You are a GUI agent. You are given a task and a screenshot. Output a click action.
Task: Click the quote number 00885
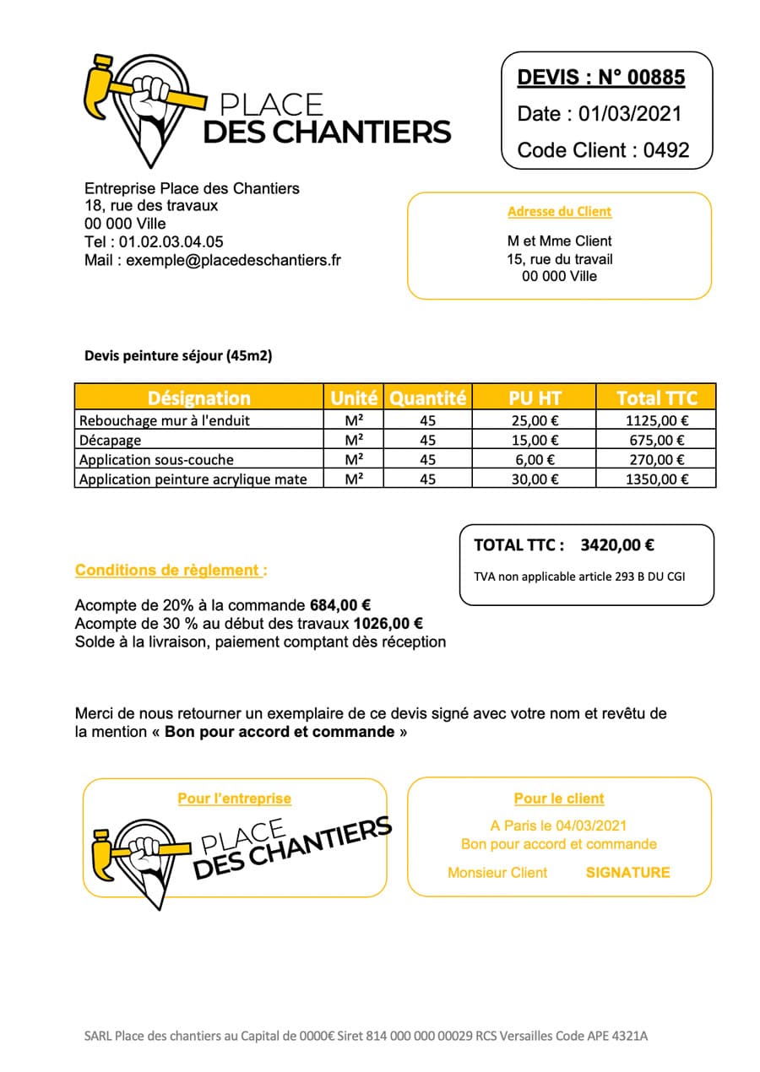[653, 79]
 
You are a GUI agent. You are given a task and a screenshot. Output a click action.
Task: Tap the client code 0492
[666, 150]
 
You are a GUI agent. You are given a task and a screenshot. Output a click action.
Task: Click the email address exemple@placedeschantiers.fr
[234, 261]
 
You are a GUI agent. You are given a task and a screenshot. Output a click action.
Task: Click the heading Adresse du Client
[559, 212]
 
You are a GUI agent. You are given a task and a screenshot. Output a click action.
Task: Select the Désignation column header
[198, 398]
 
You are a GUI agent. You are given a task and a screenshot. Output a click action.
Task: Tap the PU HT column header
[535, 398]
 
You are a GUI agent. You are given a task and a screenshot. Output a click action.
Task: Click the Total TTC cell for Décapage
[657, 440]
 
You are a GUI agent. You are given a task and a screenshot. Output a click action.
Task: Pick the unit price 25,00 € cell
[535, 420]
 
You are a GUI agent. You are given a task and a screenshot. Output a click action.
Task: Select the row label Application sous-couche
[156, 460]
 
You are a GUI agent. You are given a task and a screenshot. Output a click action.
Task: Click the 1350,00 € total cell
[657, 479]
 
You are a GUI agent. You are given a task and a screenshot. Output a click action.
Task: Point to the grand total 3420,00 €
[617, 545]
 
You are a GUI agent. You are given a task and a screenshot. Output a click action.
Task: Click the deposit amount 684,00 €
[341, 605]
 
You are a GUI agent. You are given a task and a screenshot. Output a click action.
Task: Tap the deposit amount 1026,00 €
[388, 624]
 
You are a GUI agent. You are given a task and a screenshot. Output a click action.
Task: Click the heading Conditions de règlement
[170, 571]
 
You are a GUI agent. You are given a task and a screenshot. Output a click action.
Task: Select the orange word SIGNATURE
[627, 873]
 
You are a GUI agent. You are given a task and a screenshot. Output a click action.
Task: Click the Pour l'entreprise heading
[234, 799]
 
